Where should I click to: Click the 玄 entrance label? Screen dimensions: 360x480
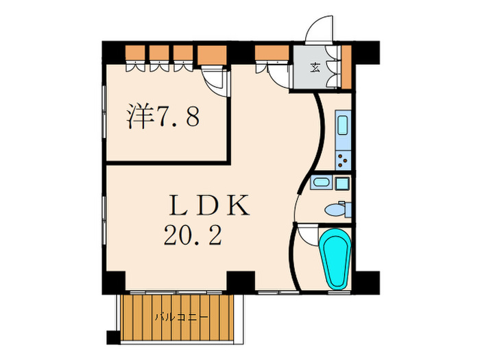pos(315,67)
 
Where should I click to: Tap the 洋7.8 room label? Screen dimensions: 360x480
pos(163,117)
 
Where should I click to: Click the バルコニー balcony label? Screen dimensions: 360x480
pos(180,317)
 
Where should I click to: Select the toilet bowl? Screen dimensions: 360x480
pos(337,209)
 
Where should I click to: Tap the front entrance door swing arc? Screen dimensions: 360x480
pos(319,31)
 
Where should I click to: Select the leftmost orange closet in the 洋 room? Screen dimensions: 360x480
pos(136,53)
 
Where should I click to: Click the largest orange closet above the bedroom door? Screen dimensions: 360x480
pos(212,53)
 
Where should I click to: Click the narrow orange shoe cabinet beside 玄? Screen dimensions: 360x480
pos(346,67)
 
